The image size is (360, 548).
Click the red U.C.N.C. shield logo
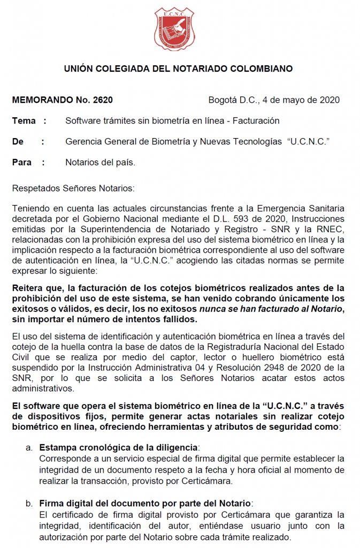(174, 29)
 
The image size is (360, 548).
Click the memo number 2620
(103, 100)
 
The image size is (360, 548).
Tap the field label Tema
(24, 120)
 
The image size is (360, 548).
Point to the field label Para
(22, 162)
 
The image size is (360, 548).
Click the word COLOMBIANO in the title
(259, 68)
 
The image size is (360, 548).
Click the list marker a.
(29, 447)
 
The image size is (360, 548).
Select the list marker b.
(29, 504)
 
